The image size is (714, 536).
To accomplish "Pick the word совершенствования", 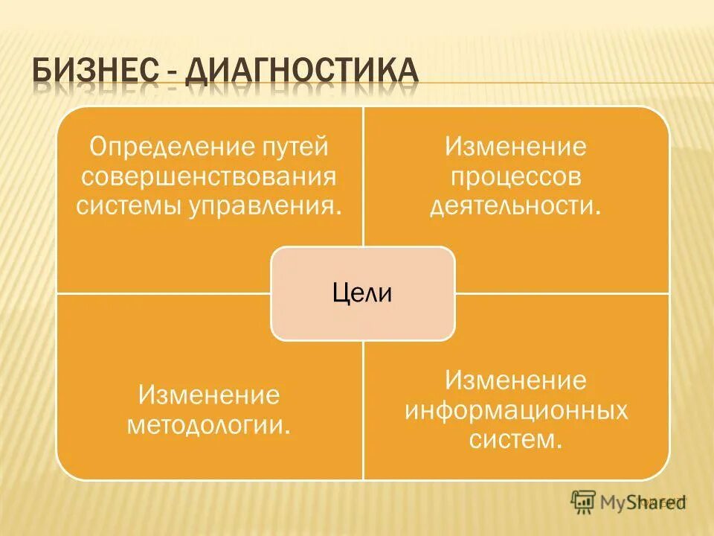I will pos(209,176).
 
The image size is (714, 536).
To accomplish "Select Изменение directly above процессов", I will pos(515,147).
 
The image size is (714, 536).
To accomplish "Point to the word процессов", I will pos(515,176).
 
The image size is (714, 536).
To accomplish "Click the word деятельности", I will pos(515,205).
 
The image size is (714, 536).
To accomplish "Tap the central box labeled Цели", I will pos(362,293).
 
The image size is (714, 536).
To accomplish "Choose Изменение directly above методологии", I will pos(209,395).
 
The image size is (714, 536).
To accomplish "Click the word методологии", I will pos(209,425).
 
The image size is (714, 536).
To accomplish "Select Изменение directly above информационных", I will pos(515,381).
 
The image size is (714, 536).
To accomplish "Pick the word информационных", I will pos(515,410).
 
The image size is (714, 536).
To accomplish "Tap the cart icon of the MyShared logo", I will pos(583,502).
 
